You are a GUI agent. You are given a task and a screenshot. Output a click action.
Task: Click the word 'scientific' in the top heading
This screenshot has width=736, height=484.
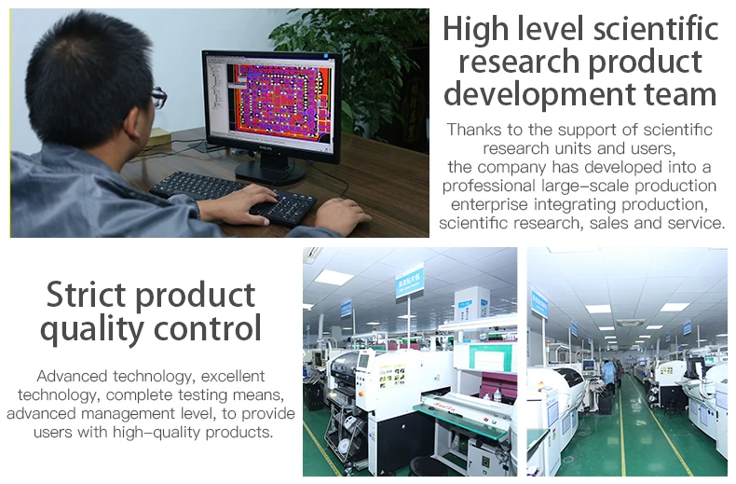click(x=656, y=29)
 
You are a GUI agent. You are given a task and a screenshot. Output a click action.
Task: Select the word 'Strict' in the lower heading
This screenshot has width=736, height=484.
click(x=87, y=295)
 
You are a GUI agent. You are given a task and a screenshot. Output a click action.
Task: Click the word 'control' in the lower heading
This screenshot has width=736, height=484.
click(x=207, y=328)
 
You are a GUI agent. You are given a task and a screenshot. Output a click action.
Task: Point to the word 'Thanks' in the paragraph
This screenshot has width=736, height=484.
click(x=473, y=130)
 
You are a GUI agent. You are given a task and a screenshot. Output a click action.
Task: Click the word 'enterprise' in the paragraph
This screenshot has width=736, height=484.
click(x=489, y=204)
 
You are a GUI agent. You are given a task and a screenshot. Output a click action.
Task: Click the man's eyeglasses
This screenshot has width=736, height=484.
click(x=159, y=97)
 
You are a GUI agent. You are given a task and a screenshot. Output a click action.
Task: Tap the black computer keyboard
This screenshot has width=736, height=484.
click(x=233, y=198)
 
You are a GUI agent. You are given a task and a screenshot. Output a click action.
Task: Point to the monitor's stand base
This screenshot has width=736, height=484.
click(x=270, y=173)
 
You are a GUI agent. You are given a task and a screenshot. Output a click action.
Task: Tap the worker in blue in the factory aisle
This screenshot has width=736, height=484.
click(x=608, y=375)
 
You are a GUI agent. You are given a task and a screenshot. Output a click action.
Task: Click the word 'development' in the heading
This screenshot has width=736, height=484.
click(x=539, y=94)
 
